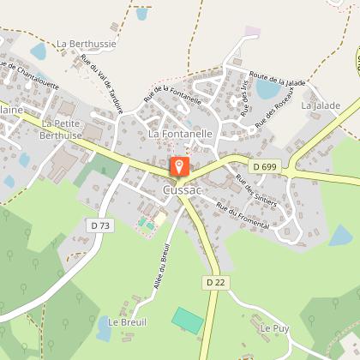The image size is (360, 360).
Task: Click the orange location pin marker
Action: click(178, 167)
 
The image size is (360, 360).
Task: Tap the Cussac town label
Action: click(181, 190)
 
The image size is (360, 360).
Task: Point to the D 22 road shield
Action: click(214, 282)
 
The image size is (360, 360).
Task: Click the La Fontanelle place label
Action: click(180, 135)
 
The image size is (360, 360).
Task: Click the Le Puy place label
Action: click(273, 328)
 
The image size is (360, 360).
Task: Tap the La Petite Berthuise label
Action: click(61, 129)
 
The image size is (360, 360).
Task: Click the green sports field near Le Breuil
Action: click(188, 320)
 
